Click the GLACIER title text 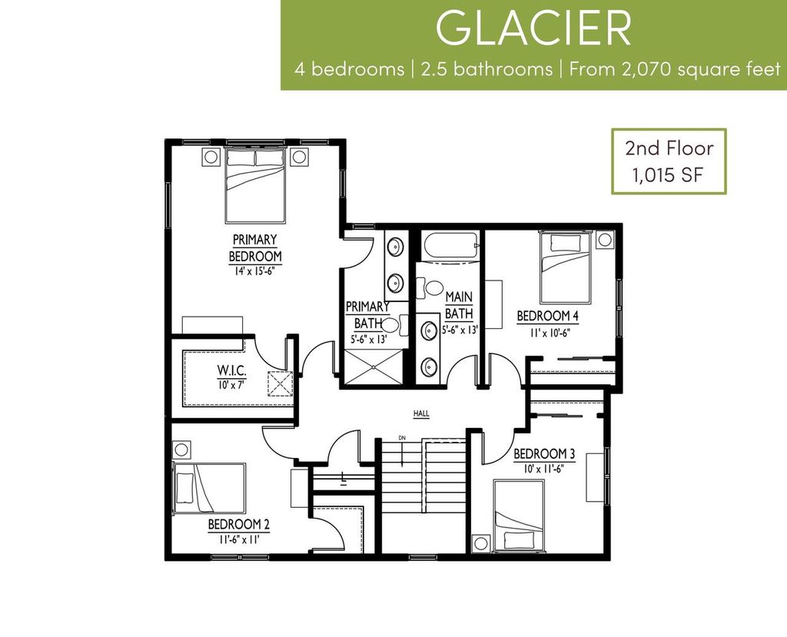click(x=533, y=28)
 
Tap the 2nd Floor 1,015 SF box click(x=668, y=161)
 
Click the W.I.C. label click(x=231, y=370)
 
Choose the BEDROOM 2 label click(x=238, y=525)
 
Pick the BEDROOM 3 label click(x=543, y=453)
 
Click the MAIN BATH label click(x=459, y=305)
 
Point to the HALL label click(x=421, y=413)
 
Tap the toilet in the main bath click(x=430, y=288)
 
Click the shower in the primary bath click(x=372, y=367)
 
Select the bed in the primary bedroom click(x=255, y=184)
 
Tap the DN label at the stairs click(x=401, y=438)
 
